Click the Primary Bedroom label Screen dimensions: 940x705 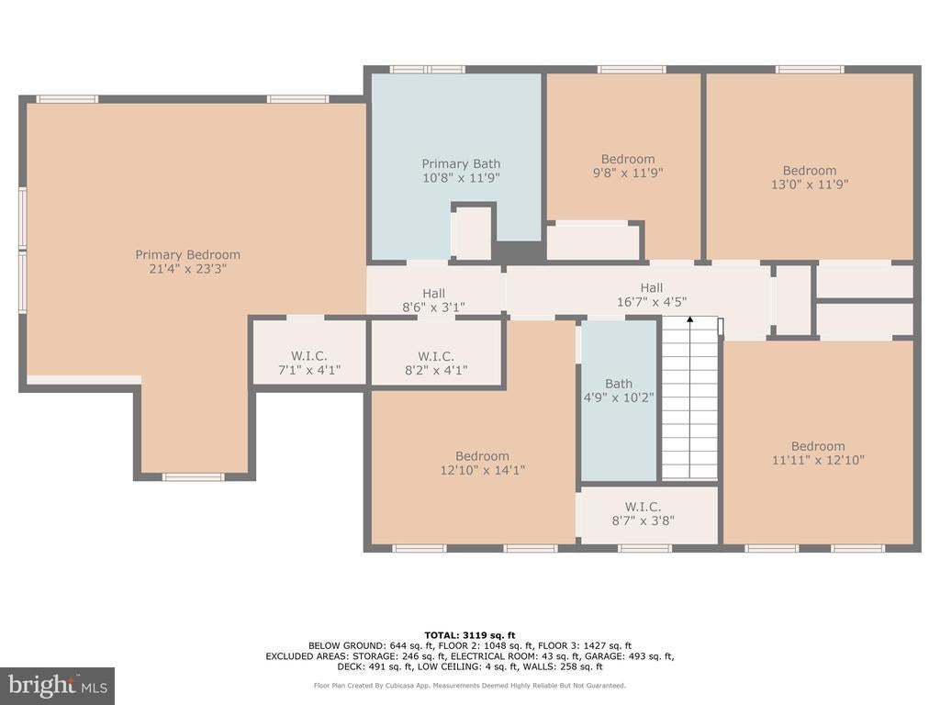(x=187, y=262)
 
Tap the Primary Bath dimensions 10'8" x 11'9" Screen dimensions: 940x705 (x=461, y=177)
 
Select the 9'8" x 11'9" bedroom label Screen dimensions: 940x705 (x=628, y=165)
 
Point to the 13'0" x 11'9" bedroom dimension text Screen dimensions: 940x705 (x=810, y=184)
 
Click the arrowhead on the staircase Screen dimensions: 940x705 (x=690, y=320)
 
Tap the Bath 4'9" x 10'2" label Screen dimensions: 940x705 (x=619, y=390)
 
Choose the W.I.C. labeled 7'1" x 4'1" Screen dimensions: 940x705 (x=309, y=363)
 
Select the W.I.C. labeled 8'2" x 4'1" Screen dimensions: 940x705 (x=436, y=364)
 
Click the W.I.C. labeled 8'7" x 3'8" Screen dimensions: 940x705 (x=643, y=514)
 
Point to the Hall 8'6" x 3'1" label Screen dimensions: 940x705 (x=433, y=300)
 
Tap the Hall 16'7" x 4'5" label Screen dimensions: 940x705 (x=652, y=295)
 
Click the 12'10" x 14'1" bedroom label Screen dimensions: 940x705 (x=483, y=464)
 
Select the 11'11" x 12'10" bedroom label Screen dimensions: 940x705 (x=818, y=453)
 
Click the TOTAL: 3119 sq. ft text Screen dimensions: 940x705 (x=470, y=635)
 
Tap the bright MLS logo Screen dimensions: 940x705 (x=58, y=685)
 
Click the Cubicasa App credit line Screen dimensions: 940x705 (x=470, y=685)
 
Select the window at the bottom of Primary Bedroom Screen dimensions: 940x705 (x=193, y=477)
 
